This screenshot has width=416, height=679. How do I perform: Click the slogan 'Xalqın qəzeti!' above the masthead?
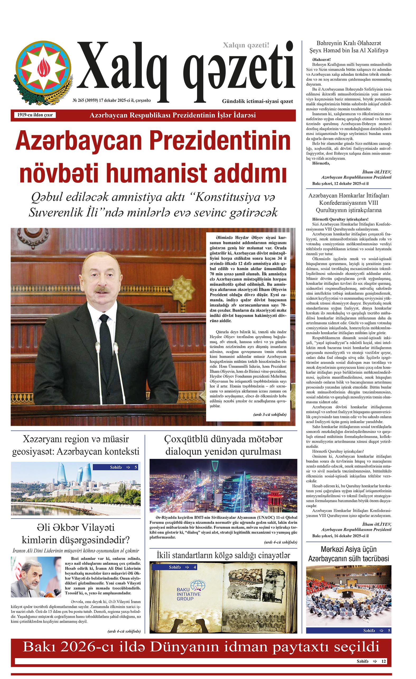[x=246, y=45]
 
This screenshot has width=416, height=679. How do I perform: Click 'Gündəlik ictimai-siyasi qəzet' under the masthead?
[x=257, y=101]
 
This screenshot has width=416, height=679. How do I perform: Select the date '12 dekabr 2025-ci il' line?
[x=340, y=183]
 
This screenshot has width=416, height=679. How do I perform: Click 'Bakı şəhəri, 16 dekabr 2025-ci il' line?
[x=340, y=536]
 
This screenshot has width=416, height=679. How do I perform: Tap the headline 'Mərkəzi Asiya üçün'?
[x=348, y=549]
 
